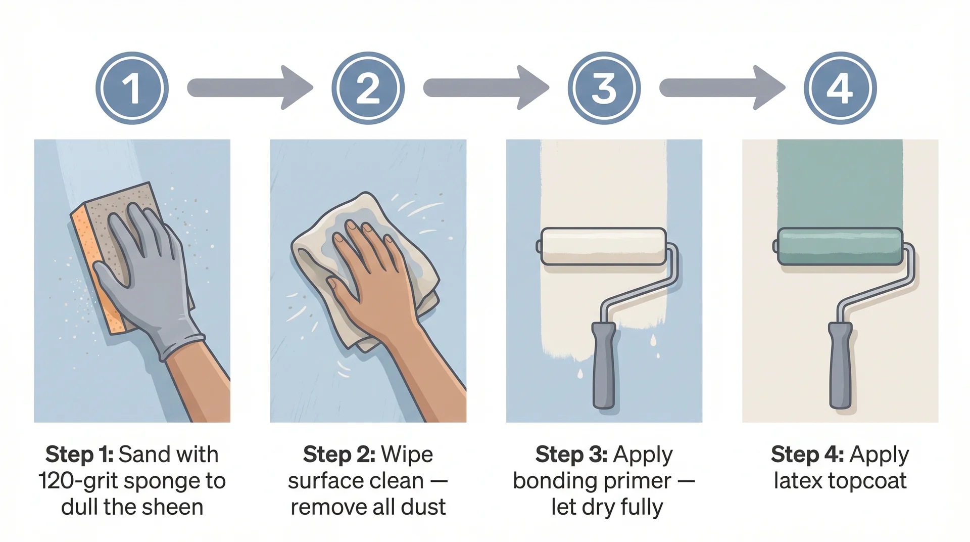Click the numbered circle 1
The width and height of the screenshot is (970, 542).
(x=132, y=88)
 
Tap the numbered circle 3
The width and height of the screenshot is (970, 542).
(x=604, y=88)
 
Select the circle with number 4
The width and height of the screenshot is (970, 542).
(x=840, y=88)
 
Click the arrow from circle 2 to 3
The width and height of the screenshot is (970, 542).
(x=485, y=87)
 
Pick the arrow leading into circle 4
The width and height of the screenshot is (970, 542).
(x=721, y=87)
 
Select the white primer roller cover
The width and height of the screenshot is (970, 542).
(x=603, y=246)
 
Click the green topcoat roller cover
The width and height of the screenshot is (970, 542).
(x=840, y=246)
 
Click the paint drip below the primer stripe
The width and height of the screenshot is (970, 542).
(x=579, y=374)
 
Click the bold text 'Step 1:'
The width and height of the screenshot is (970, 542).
(x=79, y=455)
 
